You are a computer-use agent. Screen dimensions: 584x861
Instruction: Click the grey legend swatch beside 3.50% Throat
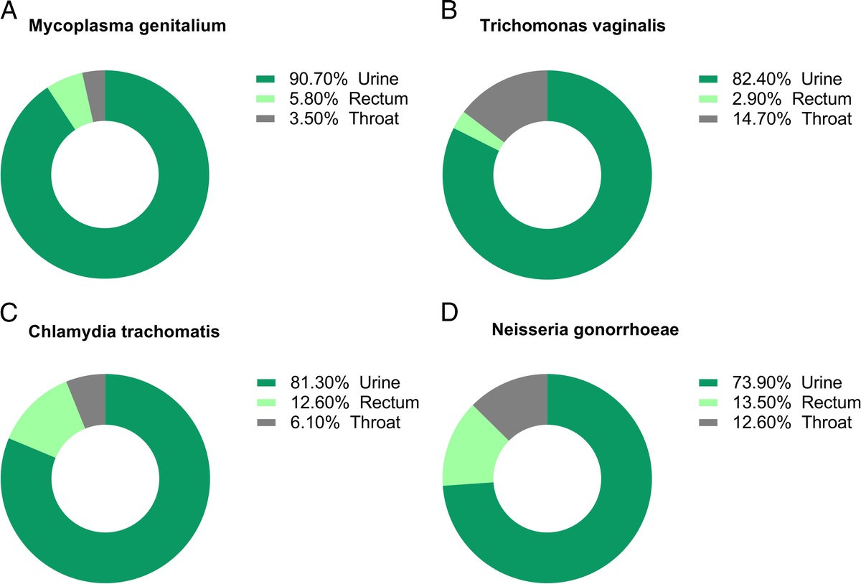(x=265, y=118)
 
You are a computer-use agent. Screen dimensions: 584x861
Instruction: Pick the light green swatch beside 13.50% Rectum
(x=707, y=402)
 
